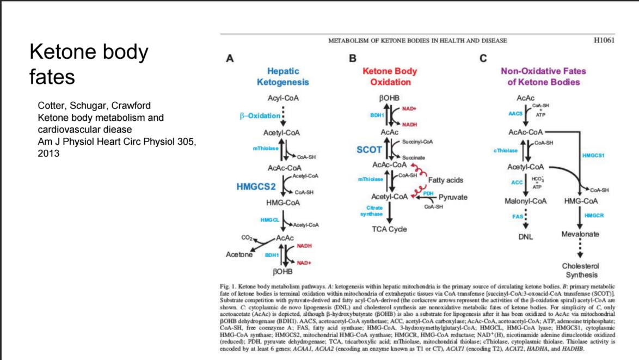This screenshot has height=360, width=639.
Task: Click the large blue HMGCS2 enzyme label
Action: click(x=256, y=187)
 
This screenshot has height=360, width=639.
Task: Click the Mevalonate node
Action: click(x=580, y=234)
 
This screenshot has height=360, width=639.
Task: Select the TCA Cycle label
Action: click(x=390, y=229)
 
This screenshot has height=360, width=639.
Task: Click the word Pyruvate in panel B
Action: click(x=453, y=197)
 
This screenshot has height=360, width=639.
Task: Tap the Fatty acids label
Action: click(x=446, y=180)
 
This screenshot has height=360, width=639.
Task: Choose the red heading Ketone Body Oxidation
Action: click(x=390, y=76)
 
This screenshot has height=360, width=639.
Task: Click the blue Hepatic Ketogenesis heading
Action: click(x=282, y=76)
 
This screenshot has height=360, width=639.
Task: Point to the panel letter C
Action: click(x=482, y=58)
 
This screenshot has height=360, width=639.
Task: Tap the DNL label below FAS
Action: click(x=525, y=237)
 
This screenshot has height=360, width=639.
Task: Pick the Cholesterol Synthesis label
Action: click(x=580, y=270)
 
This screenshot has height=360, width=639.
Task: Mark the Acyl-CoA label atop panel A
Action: click(x=283, y=99)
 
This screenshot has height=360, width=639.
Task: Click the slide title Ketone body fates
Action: click(x=88, y=64)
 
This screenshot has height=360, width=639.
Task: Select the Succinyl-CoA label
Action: click(x=416, y=142)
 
